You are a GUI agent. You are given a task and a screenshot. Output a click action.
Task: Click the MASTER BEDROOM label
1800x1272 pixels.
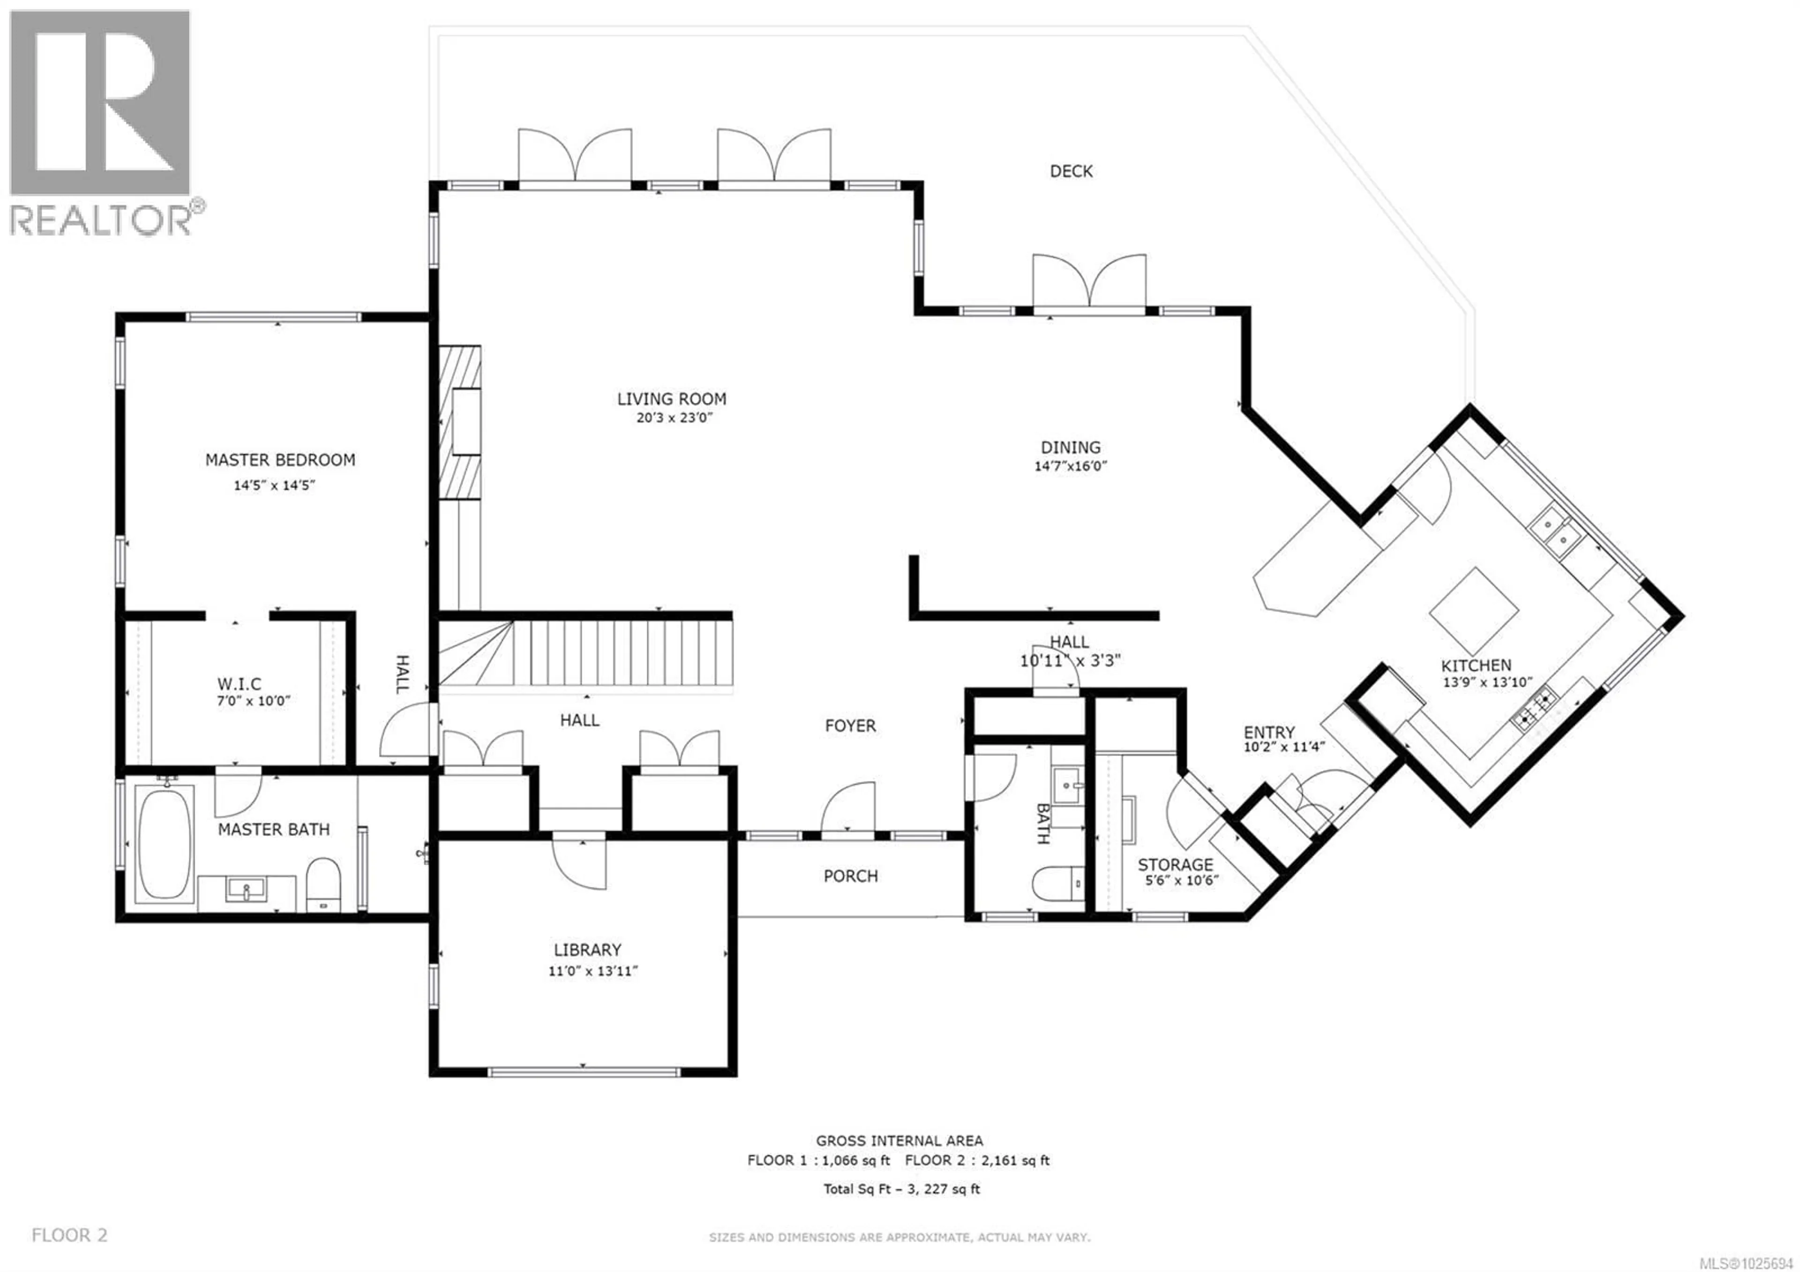click(x=280, y=460)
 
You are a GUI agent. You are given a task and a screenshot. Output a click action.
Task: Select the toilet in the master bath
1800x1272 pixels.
click(x=322, y=882)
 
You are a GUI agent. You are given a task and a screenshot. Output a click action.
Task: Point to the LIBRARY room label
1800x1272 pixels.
click(x=587, y=950)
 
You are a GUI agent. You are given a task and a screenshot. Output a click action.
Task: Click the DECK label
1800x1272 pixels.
click(x=1071, y=171)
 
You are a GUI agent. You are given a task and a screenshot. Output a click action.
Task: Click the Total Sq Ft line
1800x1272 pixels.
click(x=901, y=1189)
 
